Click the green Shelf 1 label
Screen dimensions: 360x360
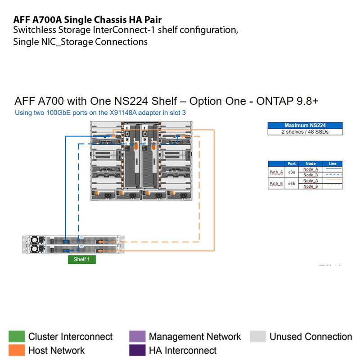(x=82, y=260)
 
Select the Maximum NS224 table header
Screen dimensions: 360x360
(x=305, y=126)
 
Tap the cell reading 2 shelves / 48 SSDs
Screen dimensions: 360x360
(x=305, y=132)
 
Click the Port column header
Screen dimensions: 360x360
(x=292, y=164)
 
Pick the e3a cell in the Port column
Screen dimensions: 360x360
(x=292, y=172)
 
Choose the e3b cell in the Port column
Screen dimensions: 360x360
(x=292, y=183)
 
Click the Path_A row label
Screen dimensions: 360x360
(x=276, y=172)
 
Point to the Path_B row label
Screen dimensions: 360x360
(x=276, y=183)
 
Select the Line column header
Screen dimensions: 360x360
(x=333, y=164)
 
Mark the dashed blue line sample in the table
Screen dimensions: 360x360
(x=333, y=175)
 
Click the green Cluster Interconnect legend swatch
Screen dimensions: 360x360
(x=17, y=337)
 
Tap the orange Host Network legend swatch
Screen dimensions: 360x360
(x=17, y=350)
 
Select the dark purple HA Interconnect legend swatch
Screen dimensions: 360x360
(x=137, y=350)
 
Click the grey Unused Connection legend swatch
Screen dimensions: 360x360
(x=258, y=337)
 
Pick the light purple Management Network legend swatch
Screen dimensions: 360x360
(x=137, y=337)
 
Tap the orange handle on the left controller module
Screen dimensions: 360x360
(x=128, y=147)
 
